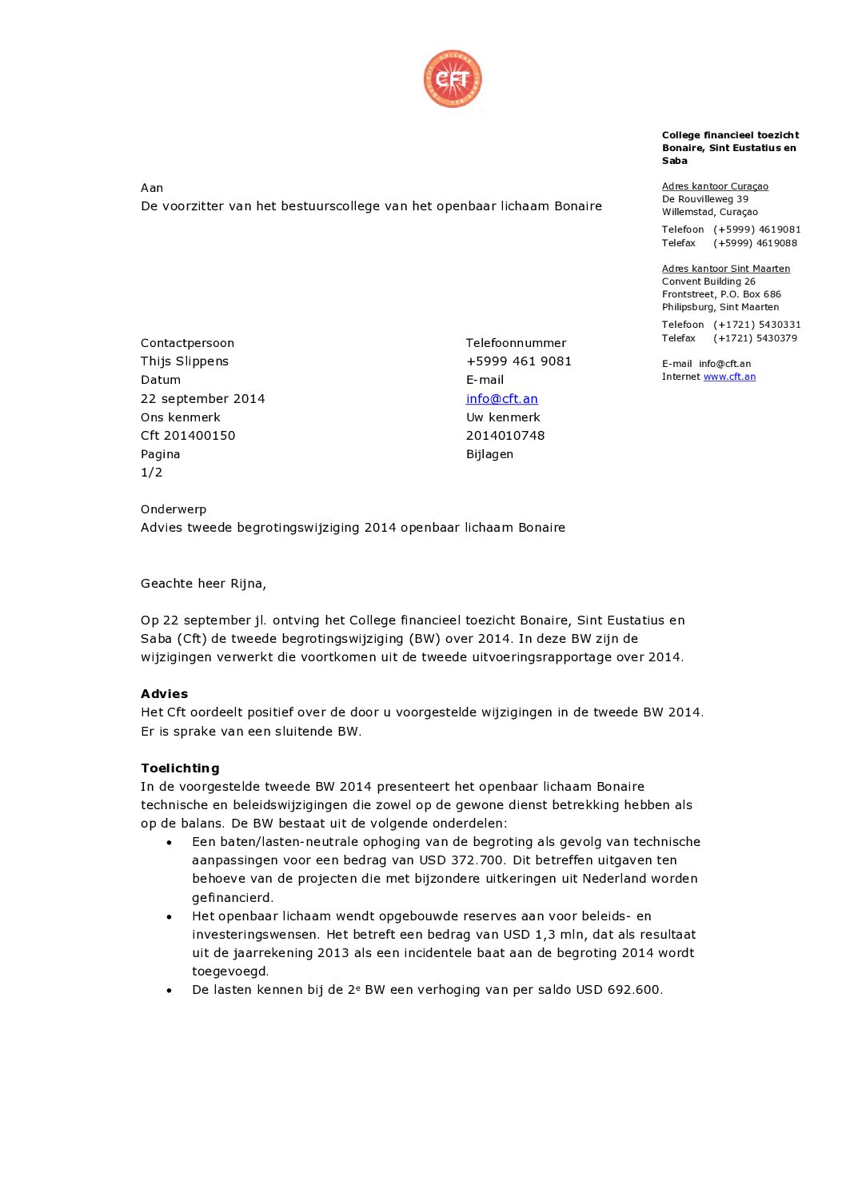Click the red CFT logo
click(x=453, y=78)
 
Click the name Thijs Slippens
click(x=185, y=361)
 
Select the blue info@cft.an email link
click(x=501, y=398)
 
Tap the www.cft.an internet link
click(x=729, y=377)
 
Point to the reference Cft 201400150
click(x=188, y=436)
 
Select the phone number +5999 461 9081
click(x=519, y=361)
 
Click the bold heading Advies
click(x=165, y=694)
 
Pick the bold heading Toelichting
click(x=180, y=768)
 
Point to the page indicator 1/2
click(x=152, y=473)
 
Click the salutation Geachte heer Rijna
click(x=203, y=584)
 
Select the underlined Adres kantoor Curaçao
click(x=715, y=186)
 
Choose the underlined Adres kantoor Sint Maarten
click(x=726, y=269)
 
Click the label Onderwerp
click(x=174, y=509)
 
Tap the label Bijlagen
click(x=489, y=454)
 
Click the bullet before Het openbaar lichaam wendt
click(x=170, y=916)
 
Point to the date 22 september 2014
click(x=203, y=398)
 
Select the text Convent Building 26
click(x=708, y=281)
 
